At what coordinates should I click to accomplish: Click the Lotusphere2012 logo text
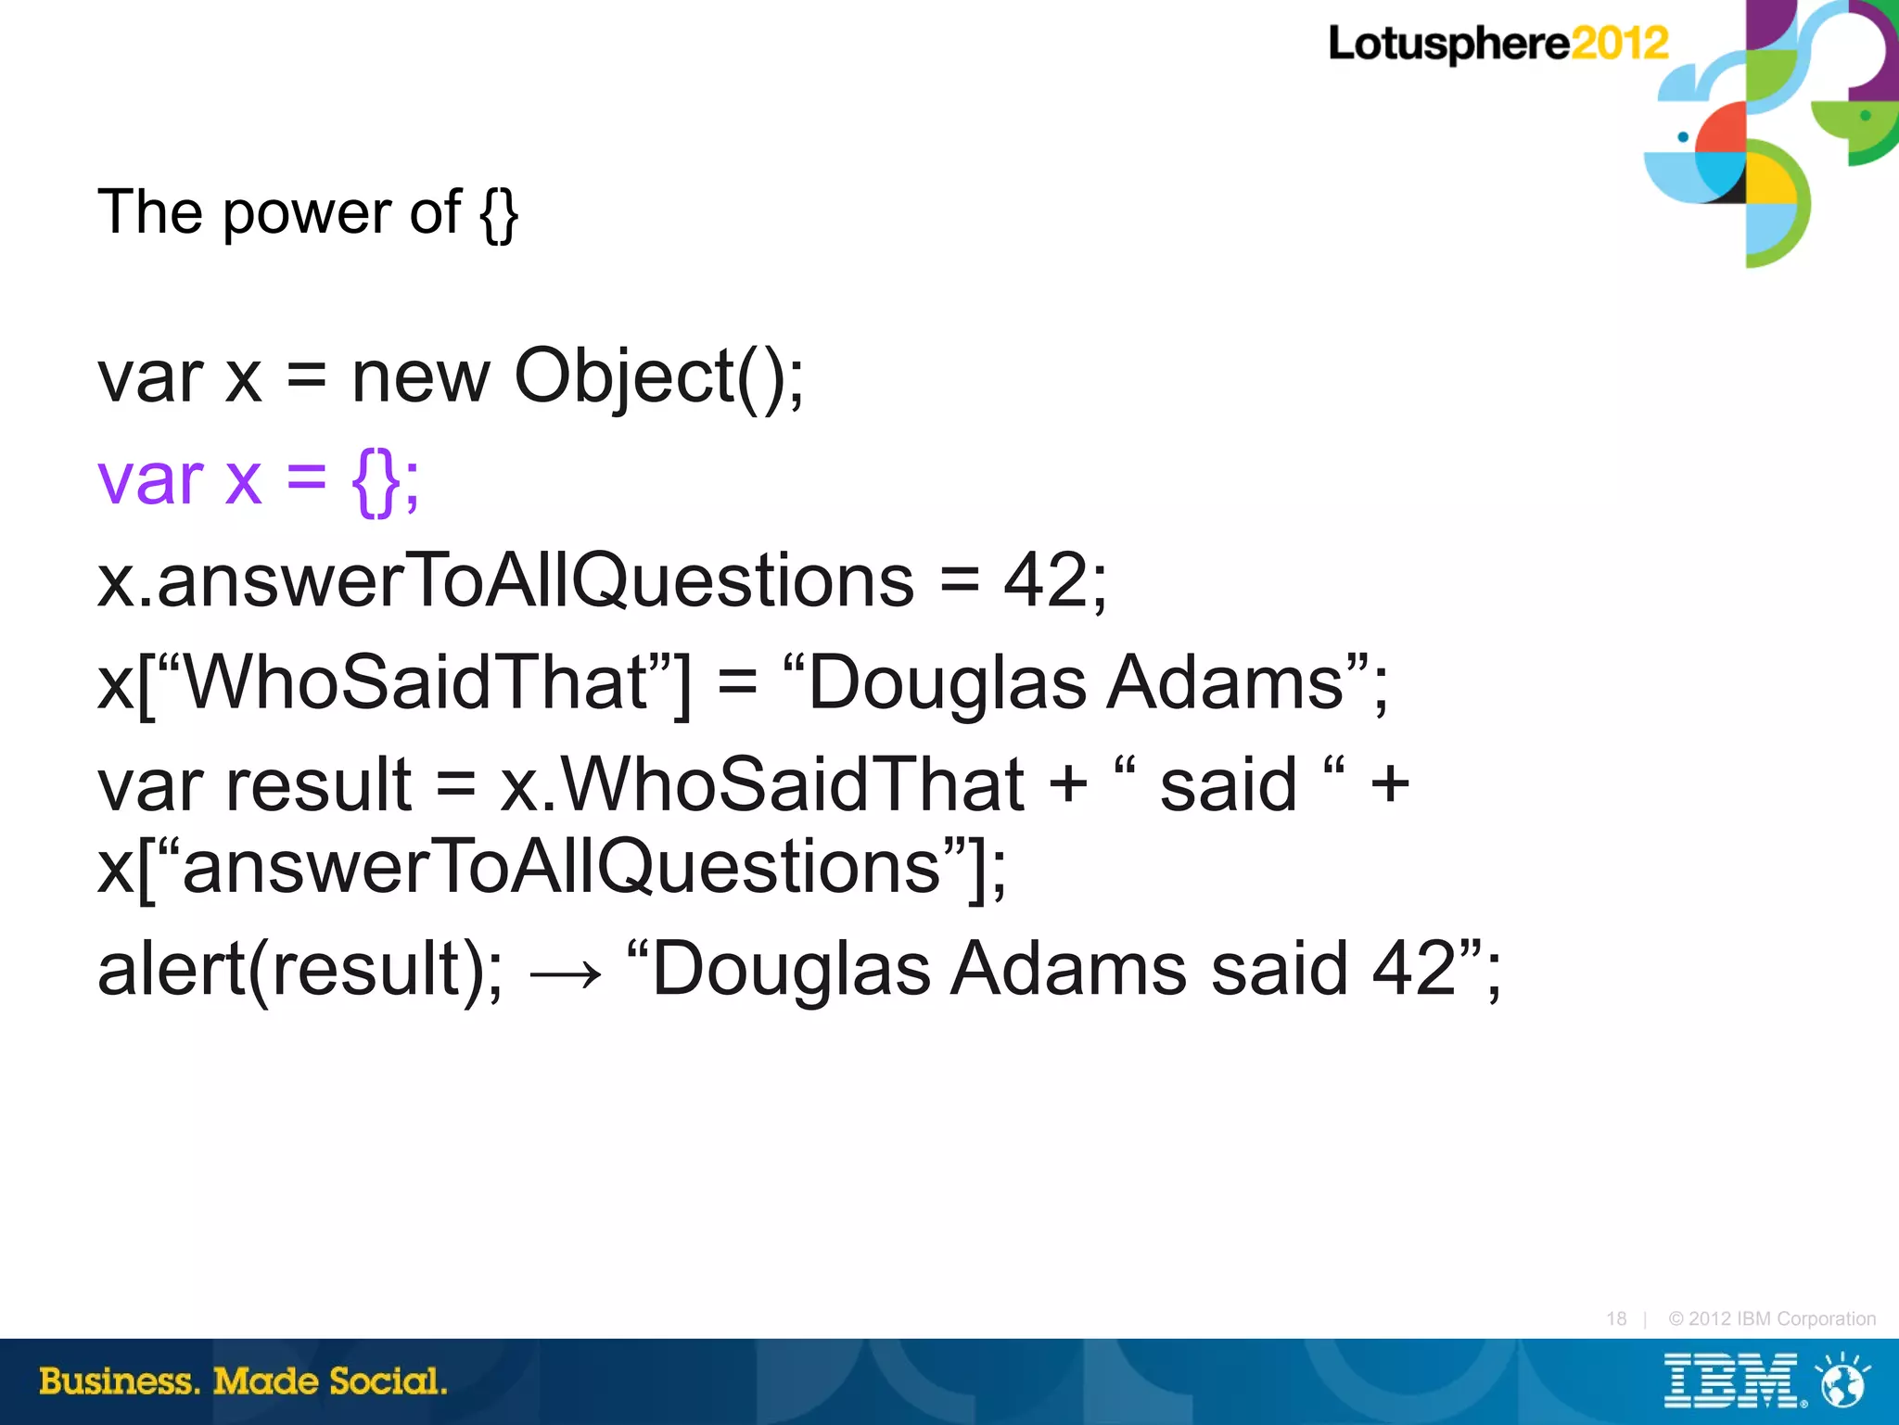click(x=1497, y=44)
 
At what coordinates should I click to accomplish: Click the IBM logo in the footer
click(x=1730, y=1381)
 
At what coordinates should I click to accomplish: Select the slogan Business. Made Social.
click(x=243, y=1381)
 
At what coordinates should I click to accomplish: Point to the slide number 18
click(x=1616, y=1318)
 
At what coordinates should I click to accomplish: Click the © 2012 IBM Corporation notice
click(x=1771, y=1318)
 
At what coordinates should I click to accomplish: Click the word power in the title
click(x=305, y=212)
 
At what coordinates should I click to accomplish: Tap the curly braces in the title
click(x=499, y=213)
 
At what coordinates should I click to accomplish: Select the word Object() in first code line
click(x=649, y=376)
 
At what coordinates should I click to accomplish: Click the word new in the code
click(x=420, y=376)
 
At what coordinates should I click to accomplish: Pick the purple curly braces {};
click(x=385, y=479)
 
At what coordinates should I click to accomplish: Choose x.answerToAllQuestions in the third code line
click(x=505, y=580)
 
